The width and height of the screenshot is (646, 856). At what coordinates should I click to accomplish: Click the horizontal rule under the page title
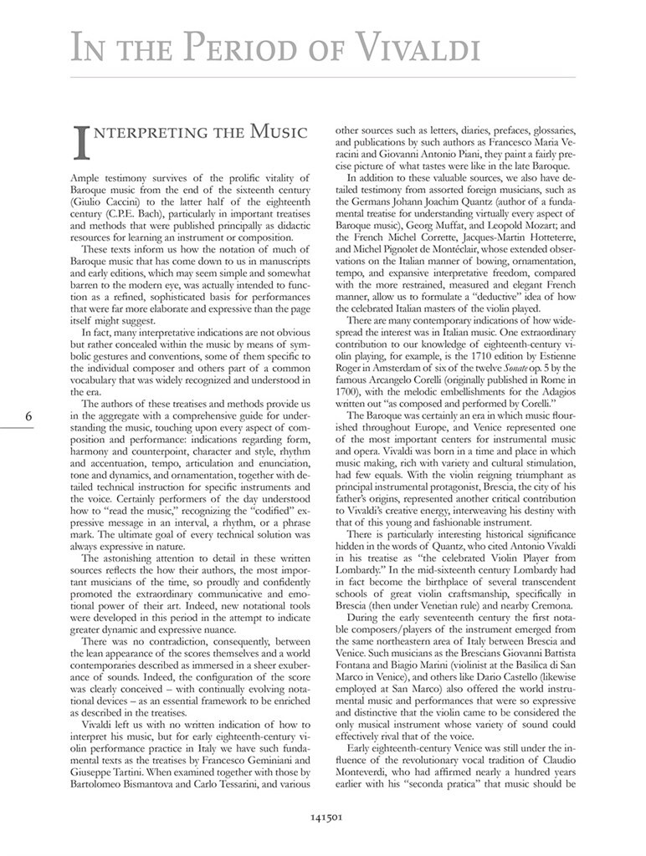pyautogui.click(x=323, y=78)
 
